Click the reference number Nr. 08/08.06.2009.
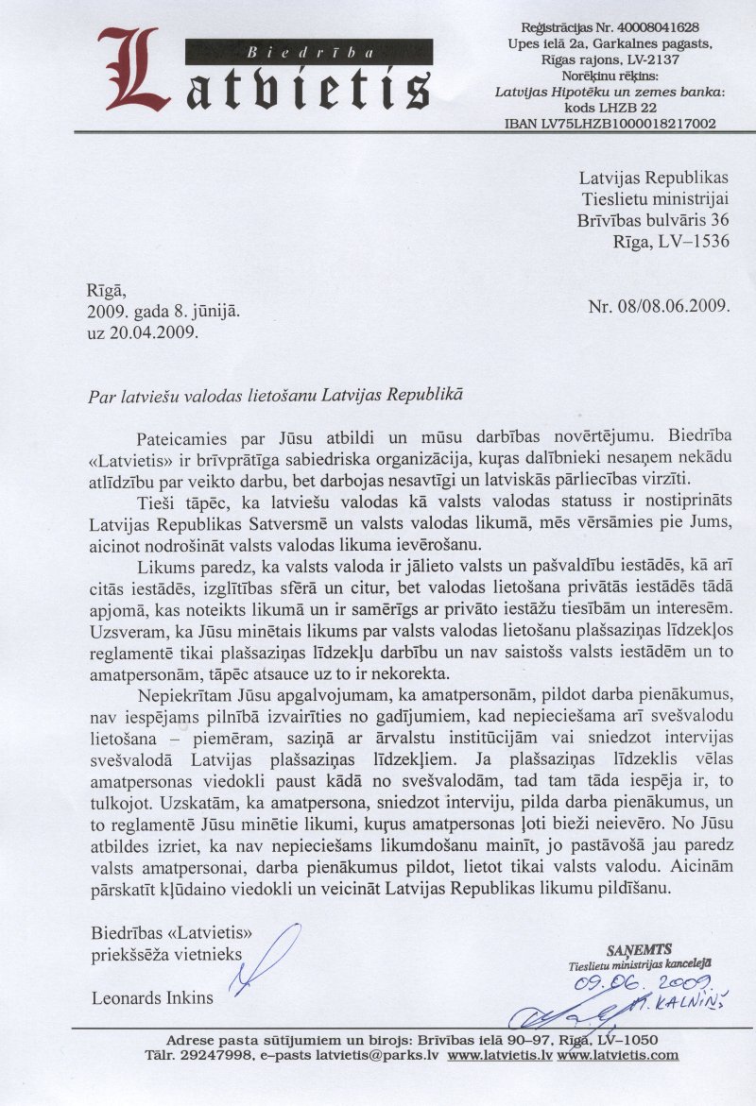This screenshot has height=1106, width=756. click(659, 306)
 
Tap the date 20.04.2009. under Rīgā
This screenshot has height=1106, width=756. click(152, 332)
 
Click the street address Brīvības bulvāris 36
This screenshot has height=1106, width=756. click(653, 219)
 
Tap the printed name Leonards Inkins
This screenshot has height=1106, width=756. click(152, 996)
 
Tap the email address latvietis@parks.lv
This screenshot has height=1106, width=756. click(365, 1055)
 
